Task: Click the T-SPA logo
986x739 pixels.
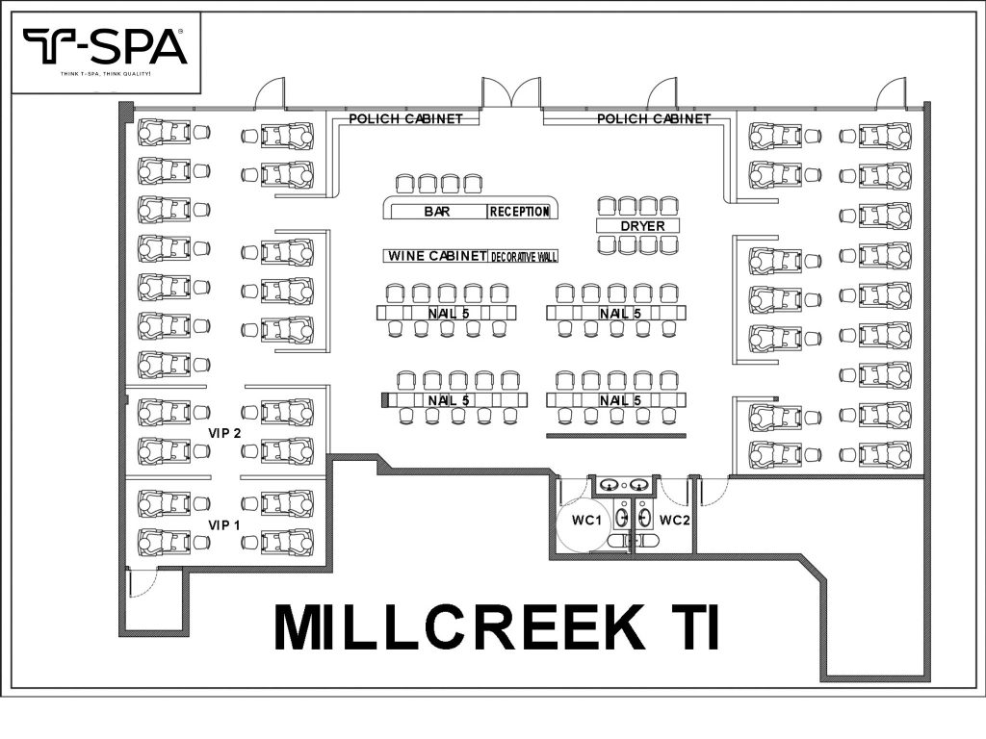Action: pos(104,46)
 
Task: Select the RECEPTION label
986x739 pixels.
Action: pos(519,212)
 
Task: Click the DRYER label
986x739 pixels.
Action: pos(636,226)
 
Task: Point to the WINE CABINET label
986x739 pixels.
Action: pos(436,256)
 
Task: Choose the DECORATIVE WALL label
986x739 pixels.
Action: pos(524,257)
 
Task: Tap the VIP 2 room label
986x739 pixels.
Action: pos(223,433)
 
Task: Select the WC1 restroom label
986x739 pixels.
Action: pos(587,521)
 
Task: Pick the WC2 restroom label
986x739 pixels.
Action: pos(675,521)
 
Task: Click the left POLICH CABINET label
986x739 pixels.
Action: pos(405,119)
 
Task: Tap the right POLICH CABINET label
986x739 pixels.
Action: pos(654,119)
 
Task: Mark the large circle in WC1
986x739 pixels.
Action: pos(583,524)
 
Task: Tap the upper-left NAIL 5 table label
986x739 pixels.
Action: pos(447,314)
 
